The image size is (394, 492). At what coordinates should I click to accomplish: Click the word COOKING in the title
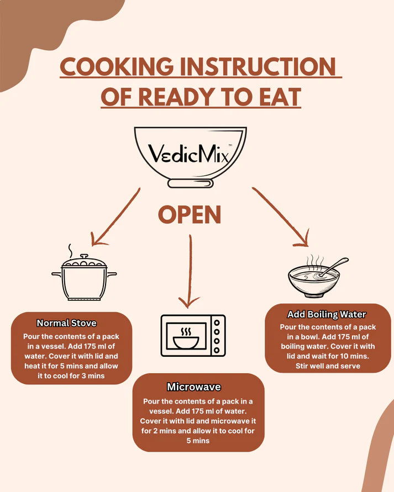(x=117, y=66)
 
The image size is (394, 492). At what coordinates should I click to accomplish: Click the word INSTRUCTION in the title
(x=258, y=66)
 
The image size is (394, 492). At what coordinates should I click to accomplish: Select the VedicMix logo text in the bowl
(x=190, y=154)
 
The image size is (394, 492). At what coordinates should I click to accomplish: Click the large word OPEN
(x=190, y=215)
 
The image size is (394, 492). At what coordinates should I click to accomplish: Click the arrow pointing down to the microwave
(x=190, y=272)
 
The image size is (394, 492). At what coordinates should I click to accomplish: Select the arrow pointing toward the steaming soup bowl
(x=280, y=216)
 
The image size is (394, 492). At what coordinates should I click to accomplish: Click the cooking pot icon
(x=84, y=272)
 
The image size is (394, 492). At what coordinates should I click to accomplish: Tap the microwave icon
(x=193, y=336)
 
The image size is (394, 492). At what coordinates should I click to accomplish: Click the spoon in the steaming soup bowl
(x=333, y=267)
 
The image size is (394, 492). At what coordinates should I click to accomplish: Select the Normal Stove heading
(x=66, y=323)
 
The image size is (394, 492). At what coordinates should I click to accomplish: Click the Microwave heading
(x=194, y=387)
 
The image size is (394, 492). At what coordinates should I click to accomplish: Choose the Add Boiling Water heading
(x=327, y=314)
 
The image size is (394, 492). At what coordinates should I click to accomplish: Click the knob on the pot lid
(x=84, y=257)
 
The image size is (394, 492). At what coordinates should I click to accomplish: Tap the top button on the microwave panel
(x=217, y=322)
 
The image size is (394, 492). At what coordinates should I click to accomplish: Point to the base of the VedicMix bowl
(x=191, y=183)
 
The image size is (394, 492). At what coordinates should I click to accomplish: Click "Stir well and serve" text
(x=328, y=366)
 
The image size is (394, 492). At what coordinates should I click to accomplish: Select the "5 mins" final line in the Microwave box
(x=198, y=441)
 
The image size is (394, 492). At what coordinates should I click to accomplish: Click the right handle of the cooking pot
(x=112, y=274)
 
